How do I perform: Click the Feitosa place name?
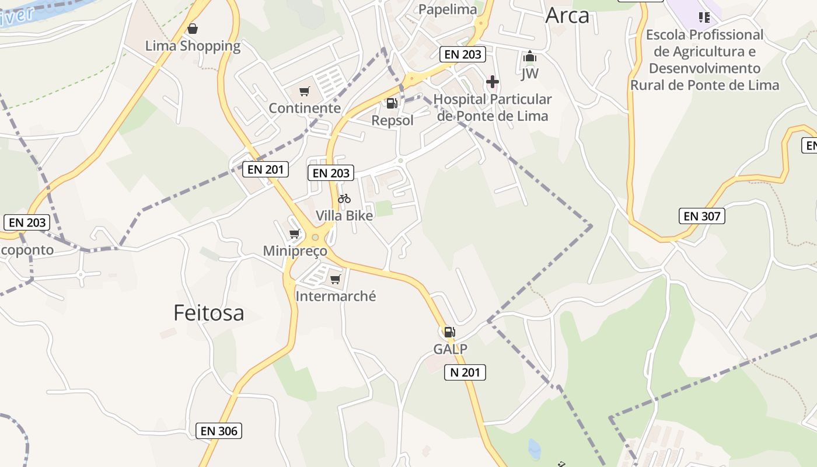pyautogui.click(x=208, y=313)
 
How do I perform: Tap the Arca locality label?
pyautogui.click(x=567, y=16)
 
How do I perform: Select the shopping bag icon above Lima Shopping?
pyautogui.click(x=193, y=28)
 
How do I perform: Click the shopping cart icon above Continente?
pyautogui.click(x=304, y=91)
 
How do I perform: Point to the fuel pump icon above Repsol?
pyautogui.click(x=392, y=103)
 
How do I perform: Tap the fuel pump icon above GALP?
pyautogui.click(x=449, y=332)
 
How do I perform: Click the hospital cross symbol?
pyautogui.click(x=493, y=82)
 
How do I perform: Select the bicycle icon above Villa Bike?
pyautogui.click(x=344, y=198)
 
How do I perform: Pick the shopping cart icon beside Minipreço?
pyautogui.click(x=295, y=234)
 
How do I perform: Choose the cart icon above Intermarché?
pyautogui.click(x=336, y=280)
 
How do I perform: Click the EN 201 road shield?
pyautogui.click(x=266, y=170)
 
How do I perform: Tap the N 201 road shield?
pyautogui.click(x=465, y=372)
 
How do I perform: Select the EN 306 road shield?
pyautogui.click(x=219, y=431)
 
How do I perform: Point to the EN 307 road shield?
pyautogui.click(x=702, y=217)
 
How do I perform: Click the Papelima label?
pyautogui.click(x=448, y=9)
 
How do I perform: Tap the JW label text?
pyautogui.click(x=530, y=74)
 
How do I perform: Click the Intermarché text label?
pyautogui.click(x=336, y=297)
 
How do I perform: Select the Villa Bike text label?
pyautogui.click(x=344, y=215)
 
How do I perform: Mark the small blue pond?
pyautogui.click(x=534, y=448)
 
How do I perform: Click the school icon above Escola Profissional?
pyautogui.click(x=704, y=18)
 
